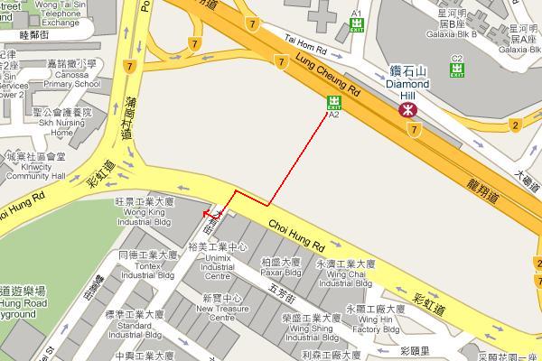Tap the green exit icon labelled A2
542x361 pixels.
pyautogui.click(x=333, y=102)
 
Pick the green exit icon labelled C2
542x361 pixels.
pyautogui.click(x=457, y=69)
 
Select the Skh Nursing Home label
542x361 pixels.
pyautogui.click(x=61, y=127)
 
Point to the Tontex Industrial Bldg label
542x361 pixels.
pyautogui.click(x=149, y=268)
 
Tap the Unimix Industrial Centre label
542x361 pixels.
pyautogui.click(x=218, y=262)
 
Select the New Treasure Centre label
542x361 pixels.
pyautogui.click(x=221, y=312)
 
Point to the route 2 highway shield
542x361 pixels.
pyautogui.click(x=514, y=125)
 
